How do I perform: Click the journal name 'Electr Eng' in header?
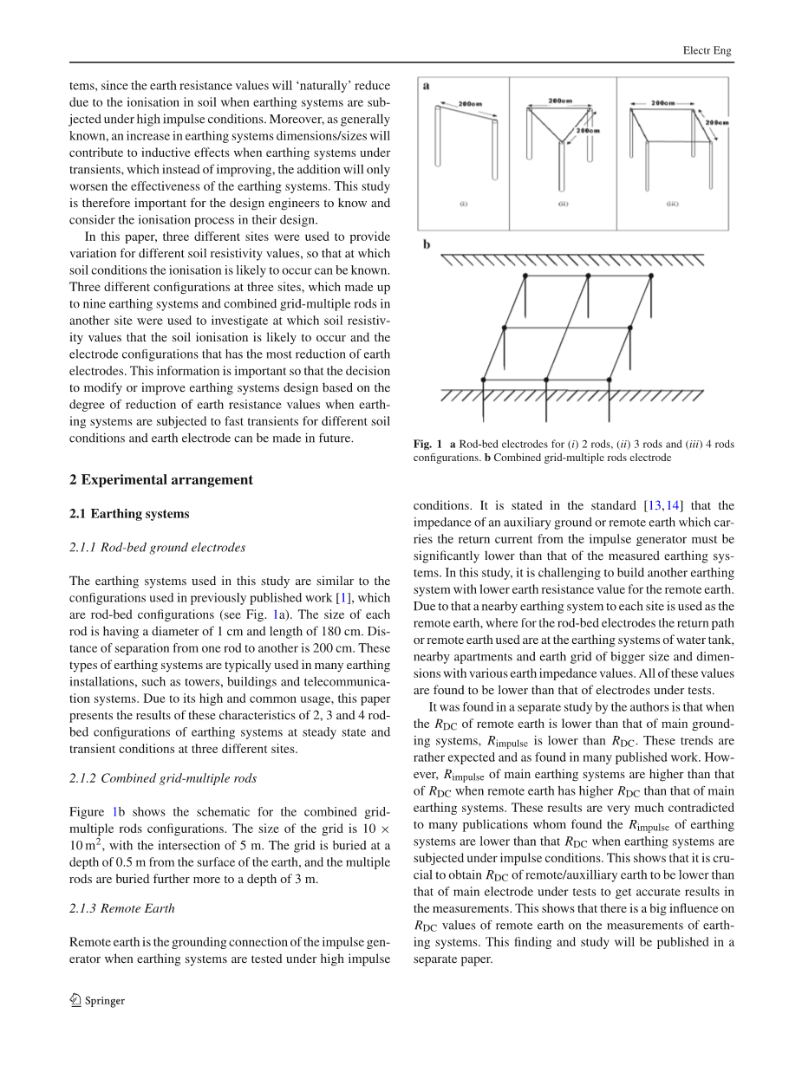point(707,50)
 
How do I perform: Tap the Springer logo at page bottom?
point(96,1000)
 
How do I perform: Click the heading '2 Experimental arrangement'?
point(161,480)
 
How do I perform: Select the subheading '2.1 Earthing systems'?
point(129,514)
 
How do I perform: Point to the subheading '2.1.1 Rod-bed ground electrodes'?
point(157,547)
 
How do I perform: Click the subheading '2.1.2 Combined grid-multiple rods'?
point(163,778)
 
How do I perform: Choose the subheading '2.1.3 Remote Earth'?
point(122,908)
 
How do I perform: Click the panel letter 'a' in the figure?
point(427,85)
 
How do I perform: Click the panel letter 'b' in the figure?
point(427,245)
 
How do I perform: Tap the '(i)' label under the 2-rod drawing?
point(464,205)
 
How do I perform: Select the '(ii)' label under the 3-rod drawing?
point(563,205)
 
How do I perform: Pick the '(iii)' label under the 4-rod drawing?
point(672,205)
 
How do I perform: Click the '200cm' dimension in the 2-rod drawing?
point(470,103)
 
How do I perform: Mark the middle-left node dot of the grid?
point(504,328)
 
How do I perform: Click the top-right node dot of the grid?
point(651,276)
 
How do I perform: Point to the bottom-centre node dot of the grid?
point(545,380)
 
